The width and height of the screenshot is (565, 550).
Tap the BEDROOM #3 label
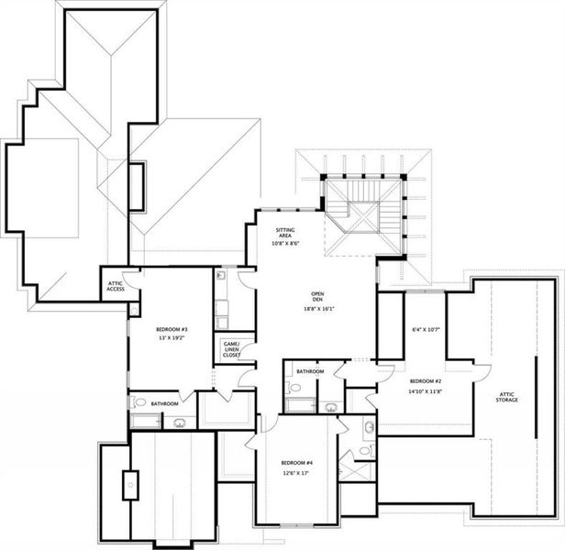(172, 329)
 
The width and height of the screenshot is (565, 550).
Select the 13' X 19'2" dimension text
(172, 338)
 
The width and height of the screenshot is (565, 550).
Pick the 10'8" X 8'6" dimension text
(286, 244)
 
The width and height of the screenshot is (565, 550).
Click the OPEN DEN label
(316, 298)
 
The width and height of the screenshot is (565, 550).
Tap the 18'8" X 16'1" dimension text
(316, 309)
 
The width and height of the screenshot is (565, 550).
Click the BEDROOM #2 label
(426, 380)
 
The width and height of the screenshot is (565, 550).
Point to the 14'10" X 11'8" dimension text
(426, 391)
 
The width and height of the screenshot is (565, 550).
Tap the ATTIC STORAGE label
(507, 397)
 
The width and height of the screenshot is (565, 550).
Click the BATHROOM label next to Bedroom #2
(310, 371)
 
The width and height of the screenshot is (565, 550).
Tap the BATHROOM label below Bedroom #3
(165, 403)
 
